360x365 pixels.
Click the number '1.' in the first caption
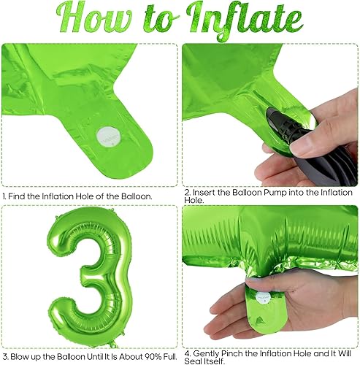tap(6, 196)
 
